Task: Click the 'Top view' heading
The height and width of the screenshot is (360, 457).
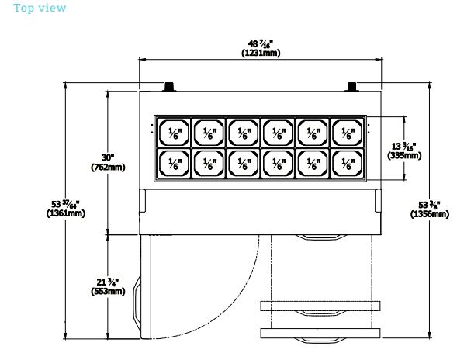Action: point(40,8)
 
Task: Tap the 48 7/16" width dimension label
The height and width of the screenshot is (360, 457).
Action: point(261,44)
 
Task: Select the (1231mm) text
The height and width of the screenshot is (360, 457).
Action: point(261,53)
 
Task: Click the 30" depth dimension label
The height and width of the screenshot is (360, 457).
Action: point(108,157)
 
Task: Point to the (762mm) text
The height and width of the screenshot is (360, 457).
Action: point(108,168)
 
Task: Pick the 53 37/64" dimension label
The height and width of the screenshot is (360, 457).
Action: point(65,204)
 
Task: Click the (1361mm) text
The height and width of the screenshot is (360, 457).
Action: point(66,213)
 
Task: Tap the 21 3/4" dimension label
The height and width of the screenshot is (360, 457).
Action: point(108,282)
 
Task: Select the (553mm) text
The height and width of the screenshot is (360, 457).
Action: point(108,291)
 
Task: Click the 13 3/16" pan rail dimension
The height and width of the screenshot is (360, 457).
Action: point(403,146)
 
